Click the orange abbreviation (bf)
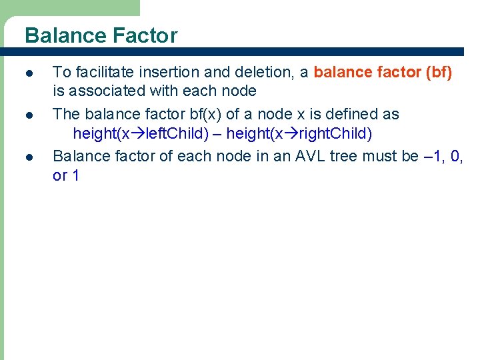pyautogui.click(x=438, y=72)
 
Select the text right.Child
pyautogui.click(x=335, y=133)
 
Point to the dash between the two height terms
pyautogui.click(x=217, y=134)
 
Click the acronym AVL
pyautogui.click(x=300, y=155)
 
